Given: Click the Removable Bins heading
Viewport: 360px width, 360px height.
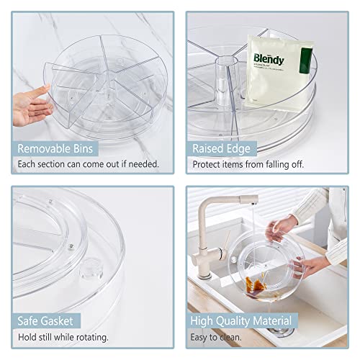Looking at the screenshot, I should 60,149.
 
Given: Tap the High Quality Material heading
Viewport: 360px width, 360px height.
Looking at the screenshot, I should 241,321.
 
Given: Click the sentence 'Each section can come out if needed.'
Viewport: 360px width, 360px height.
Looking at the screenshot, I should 89,165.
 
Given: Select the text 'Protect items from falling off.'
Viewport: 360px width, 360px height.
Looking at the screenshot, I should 248,165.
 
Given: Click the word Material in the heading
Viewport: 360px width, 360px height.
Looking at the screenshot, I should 269,321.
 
